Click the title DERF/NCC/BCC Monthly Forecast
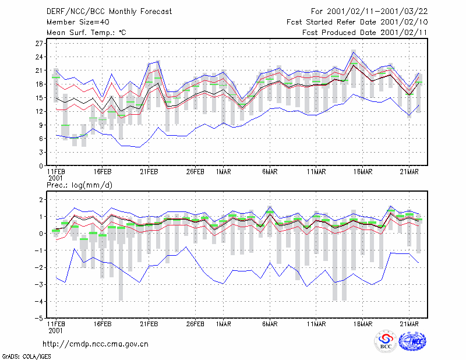109,12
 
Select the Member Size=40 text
78,22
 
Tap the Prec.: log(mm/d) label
79,185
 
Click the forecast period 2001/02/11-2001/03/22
377,12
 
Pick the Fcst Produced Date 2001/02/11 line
365,33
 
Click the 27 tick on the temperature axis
39,44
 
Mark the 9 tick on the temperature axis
41,125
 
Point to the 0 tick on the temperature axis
41,166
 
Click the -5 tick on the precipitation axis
38,319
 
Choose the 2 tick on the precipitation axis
41,200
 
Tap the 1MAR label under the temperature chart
224,172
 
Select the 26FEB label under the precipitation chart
195,324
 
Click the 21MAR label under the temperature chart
409,172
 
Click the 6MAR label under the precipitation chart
270,324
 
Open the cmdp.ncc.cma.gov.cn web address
96,344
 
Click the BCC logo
386,341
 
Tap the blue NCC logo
412,341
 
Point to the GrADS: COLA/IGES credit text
27,357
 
